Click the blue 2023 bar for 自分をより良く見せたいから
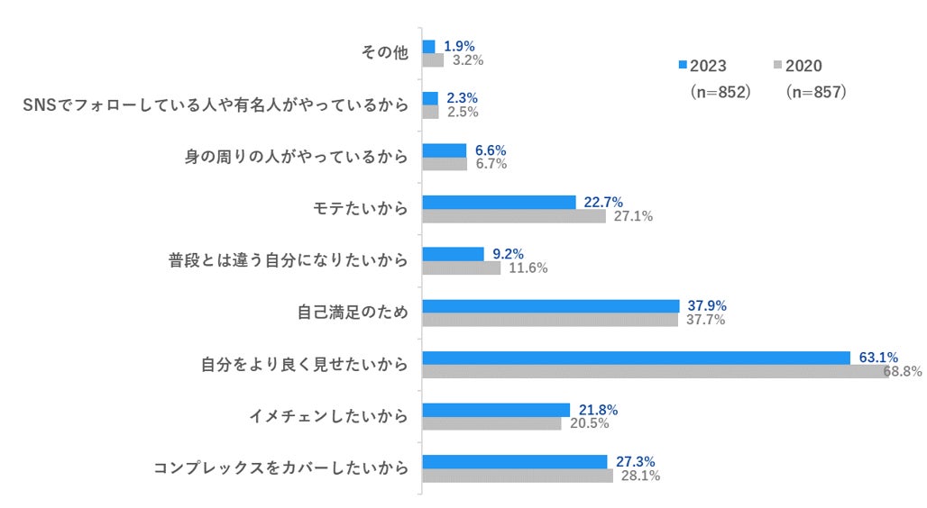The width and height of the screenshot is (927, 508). (636, 358)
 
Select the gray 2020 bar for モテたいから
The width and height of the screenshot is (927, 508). (514, 216)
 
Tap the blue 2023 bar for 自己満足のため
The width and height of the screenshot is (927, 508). (550, 305)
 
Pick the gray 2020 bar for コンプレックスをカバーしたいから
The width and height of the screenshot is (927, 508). (518, 476)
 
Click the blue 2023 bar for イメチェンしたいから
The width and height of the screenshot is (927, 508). (496, 410)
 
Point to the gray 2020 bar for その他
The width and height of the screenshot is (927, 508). (433, 60)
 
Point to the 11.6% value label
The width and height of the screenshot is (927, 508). (528, 268)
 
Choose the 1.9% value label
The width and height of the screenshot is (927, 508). (460, 46)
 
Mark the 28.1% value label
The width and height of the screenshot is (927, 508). (639, 476)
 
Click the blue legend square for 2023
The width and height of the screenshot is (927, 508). (683, 66)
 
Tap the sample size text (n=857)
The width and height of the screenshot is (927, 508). (815, 92)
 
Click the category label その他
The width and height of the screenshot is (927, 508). (384, 53)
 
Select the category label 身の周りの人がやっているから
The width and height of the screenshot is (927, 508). (296, 158)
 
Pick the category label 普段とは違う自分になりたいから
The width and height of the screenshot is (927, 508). (288, 261)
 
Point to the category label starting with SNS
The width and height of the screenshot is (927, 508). (216, 105)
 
